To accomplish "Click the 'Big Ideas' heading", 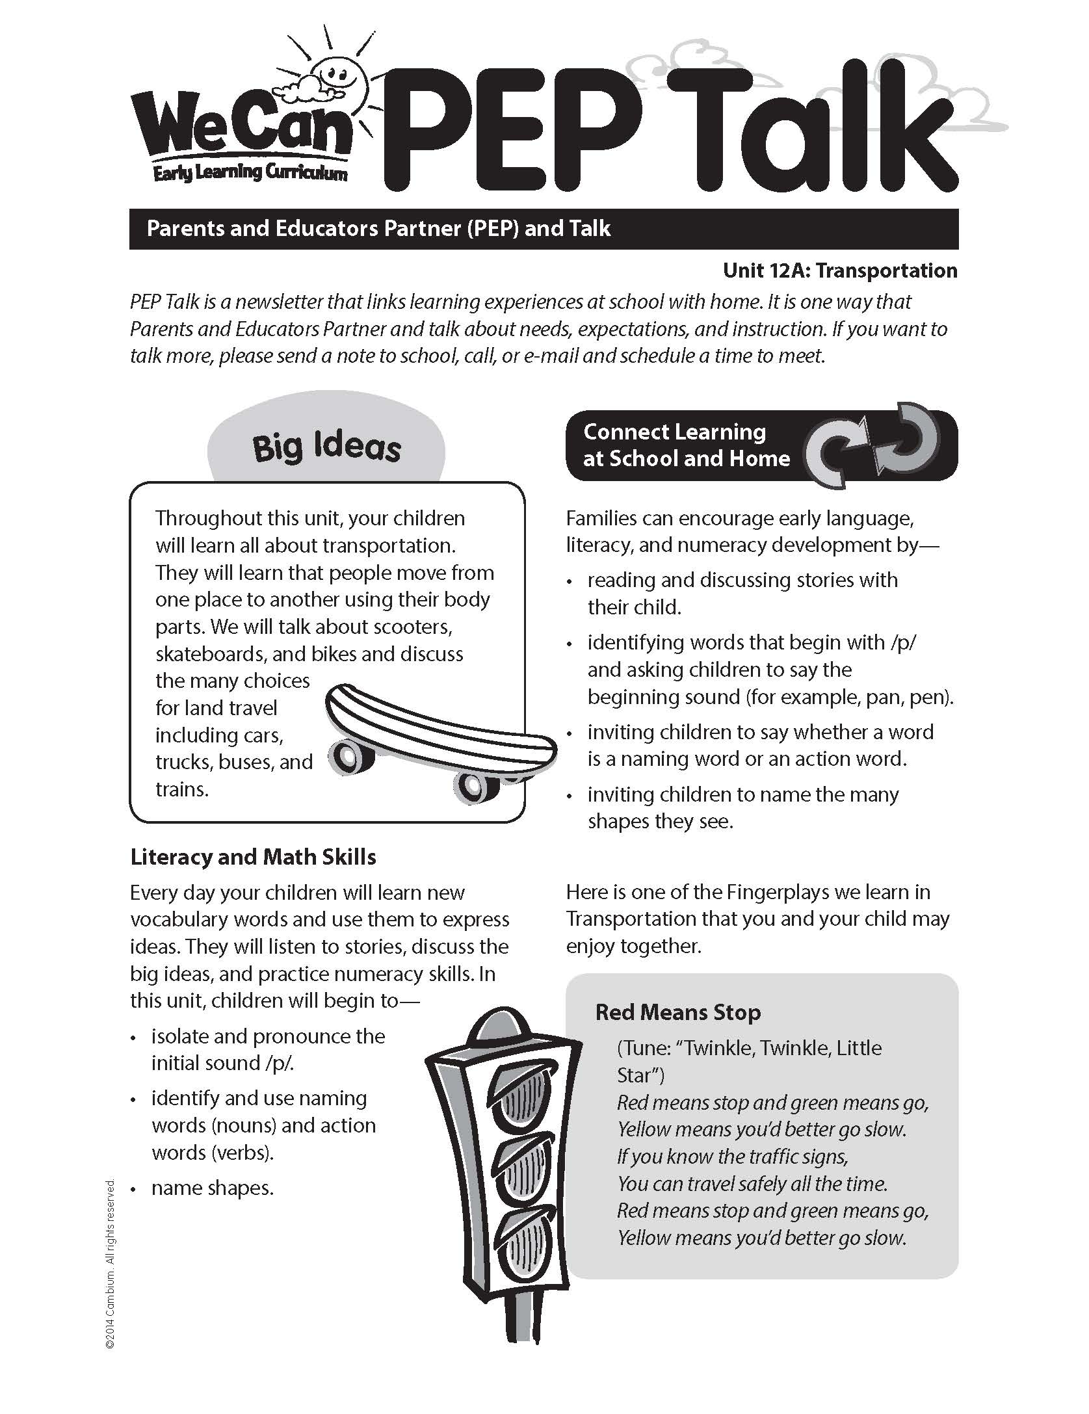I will (326, 448).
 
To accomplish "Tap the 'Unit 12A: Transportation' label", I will (839, 270).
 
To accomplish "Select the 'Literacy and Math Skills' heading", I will (253, 857).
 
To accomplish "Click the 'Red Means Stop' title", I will (677, 1012).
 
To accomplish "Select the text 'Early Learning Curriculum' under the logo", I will (250, 173).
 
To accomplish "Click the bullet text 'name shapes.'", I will (212, 1188).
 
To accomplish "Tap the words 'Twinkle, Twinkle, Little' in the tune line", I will (783, 1048).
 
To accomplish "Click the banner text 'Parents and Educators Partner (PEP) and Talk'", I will (378, 229).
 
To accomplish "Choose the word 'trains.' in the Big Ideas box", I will (182, 789).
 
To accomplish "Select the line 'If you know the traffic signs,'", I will (732, 1157).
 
